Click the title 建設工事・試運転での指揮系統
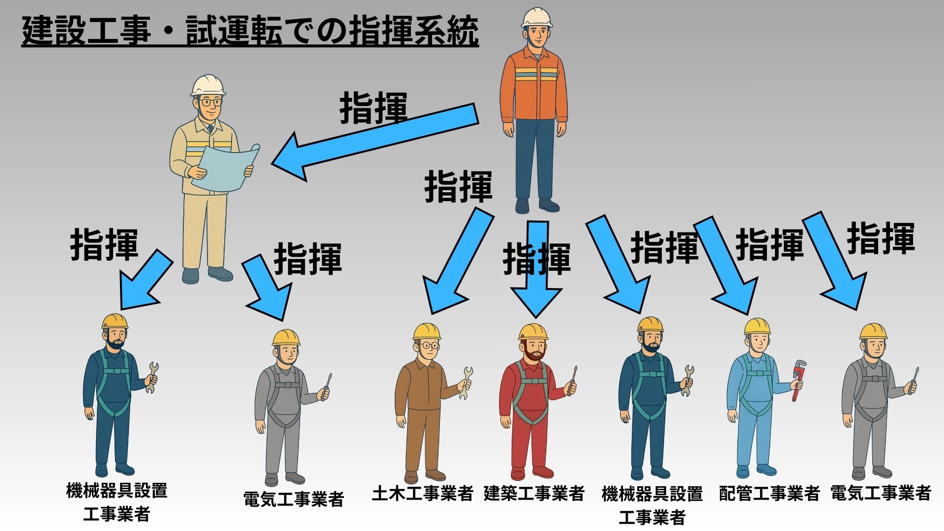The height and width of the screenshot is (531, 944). (250, 31)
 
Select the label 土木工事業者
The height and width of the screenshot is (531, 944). (422, 493)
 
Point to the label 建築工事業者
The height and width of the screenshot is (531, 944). (534, 493)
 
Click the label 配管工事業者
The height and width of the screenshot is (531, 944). (769, 493)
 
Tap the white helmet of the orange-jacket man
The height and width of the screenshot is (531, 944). (536, 18)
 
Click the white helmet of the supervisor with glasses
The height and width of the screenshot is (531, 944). (208, 86)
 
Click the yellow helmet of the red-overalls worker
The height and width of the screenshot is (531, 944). (533, 332)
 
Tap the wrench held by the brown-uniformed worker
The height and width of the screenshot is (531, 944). (466, 382)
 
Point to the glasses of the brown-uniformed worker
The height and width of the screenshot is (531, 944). (430, 346)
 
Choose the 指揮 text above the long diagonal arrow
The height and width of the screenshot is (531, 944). (374, 108)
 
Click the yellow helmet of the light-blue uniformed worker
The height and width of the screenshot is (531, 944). (757, 326)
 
